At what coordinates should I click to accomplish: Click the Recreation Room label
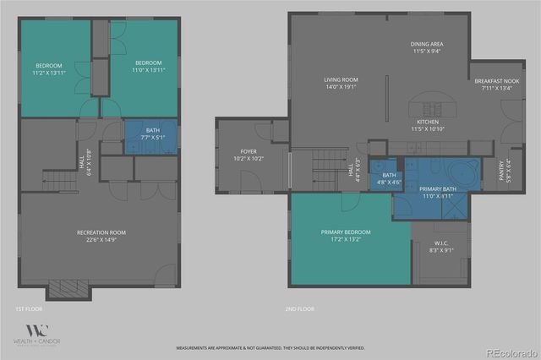pos(101,232)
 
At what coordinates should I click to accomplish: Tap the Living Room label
pos(342,80)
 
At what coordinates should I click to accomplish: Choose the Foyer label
pos(249,151)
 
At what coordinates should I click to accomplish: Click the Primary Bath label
pos(438,189)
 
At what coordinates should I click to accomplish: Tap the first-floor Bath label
pos(152,129)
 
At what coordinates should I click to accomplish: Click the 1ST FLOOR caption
pos(29,309)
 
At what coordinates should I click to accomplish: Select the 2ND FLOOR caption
pos(299,309)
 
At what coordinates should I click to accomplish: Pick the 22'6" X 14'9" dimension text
pos(101,239)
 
